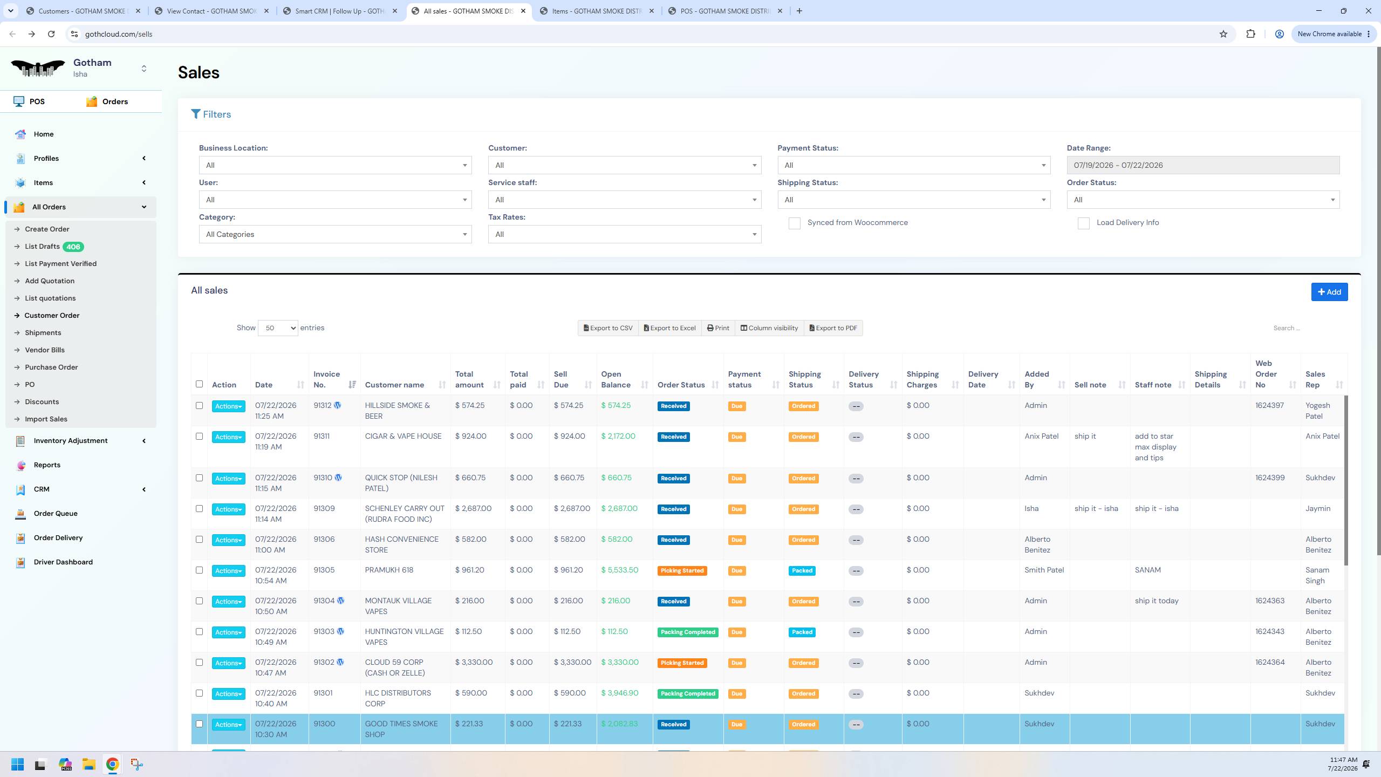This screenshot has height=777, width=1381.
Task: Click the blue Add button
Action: tap(1329, 292)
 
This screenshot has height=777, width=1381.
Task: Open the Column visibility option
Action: tap(769, 328)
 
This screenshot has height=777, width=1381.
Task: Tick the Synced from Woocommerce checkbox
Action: tap(794, 223)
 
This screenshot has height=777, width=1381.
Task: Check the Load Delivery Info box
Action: tap(1083, 223)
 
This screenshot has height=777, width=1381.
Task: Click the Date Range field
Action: tap(1203, 165)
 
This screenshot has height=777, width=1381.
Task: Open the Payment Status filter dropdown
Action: tap(914, 165)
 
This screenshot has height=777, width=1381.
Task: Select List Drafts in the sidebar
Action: tap(42, 247)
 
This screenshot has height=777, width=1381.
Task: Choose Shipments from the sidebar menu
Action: tap(43, 333)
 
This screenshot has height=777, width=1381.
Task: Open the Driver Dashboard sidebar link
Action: tap(63, 562)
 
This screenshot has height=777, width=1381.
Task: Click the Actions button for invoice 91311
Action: tap(228, 437)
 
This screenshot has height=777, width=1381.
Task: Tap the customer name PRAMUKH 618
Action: tap(389, 570)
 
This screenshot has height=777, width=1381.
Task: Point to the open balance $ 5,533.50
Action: tap(619, 570)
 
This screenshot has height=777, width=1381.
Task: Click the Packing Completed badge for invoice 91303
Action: tap(688, 632)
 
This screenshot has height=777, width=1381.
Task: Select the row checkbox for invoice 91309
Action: tap(199, 509)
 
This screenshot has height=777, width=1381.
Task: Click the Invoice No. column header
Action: tap(327, 379)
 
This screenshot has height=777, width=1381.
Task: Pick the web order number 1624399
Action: tap(1270, 478)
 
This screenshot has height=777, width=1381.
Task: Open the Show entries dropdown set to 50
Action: tap(278, 328)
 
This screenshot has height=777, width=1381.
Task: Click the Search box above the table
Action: tap(1305, 328)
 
